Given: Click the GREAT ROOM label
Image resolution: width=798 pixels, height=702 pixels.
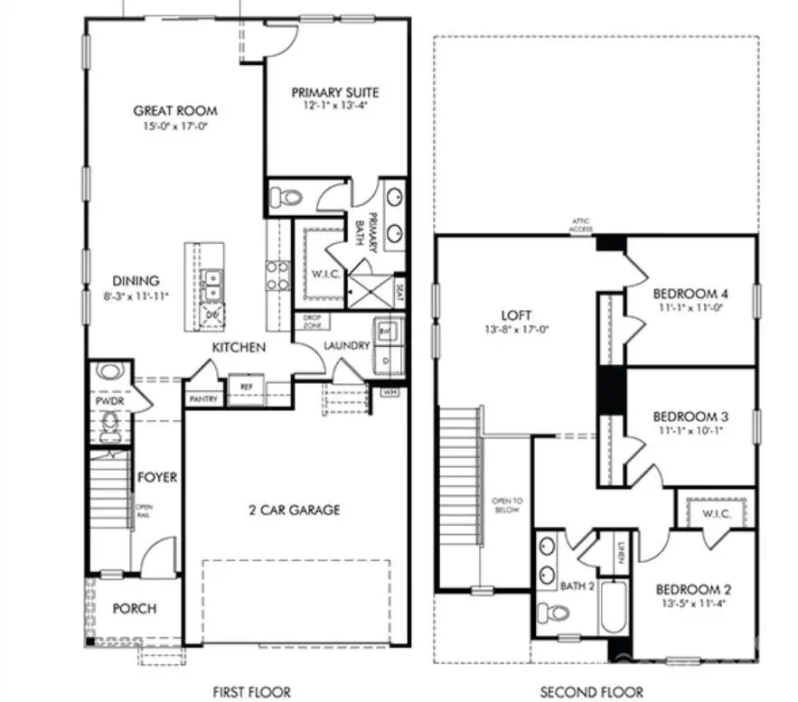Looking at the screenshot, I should click(x=175, y=111).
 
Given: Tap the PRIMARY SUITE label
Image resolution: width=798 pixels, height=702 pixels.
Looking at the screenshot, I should click(x=335, y=92).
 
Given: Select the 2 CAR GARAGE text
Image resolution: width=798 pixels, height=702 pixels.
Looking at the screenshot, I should click(x=283, y=510).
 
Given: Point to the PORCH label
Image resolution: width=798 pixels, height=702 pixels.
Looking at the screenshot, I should click(x=134, y=608).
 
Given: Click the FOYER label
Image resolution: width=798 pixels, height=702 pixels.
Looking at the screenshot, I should click(x=157, y=477).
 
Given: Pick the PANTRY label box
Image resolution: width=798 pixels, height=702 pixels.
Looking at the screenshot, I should click(x=203, y=398).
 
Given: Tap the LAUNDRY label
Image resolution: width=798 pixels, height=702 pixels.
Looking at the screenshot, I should click(x=345, y=345).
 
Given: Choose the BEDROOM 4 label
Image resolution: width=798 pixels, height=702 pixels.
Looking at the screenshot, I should click(x=690, y=294).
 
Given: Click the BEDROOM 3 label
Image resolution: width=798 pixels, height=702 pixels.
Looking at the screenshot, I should click(x=691, y=417).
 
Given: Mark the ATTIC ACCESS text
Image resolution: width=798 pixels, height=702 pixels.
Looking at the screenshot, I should click(x=580, y=226).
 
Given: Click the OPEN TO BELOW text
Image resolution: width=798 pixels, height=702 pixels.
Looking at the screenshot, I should click(x=502, y=503).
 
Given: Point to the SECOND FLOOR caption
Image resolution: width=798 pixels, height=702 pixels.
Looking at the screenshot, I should click(x=592, y=692).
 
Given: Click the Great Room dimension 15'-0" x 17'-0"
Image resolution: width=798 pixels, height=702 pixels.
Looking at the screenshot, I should click(x=175, y=126).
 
